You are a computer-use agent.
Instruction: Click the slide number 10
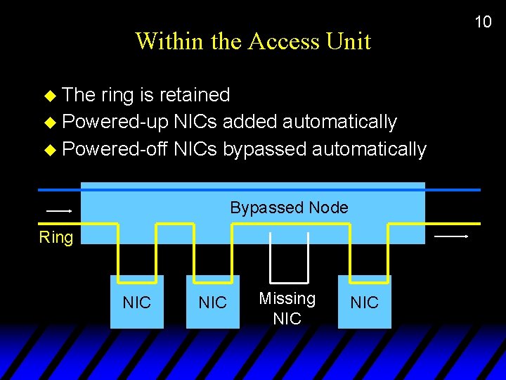pyautogui.click(x=483, y=22)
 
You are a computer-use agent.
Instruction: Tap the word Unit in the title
pyautogui.click(x=349, y=41)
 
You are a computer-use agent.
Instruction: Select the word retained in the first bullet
pyautogui.click(x=195, y=95)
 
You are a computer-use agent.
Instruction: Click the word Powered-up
pyautogui.click(x=115, y=122)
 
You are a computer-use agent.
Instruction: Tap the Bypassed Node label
pyautogui.click(x=289, y=208)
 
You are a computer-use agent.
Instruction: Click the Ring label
pyautogui.click(x=56, y=237)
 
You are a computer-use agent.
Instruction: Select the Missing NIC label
pyautogui.click(x=287, y=308)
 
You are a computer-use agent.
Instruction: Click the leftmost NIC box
pyautogui.click(x=136, y=303)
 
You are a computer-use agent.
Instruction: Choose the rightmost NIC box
pyautogui.click(x=364, y=303)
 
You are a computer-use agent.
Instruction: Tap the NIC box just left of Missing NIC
pyautogui.click(x=212, y=303)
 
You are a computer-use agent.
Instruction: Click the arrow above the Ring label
pyautogui.click(x=59, y=210)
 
